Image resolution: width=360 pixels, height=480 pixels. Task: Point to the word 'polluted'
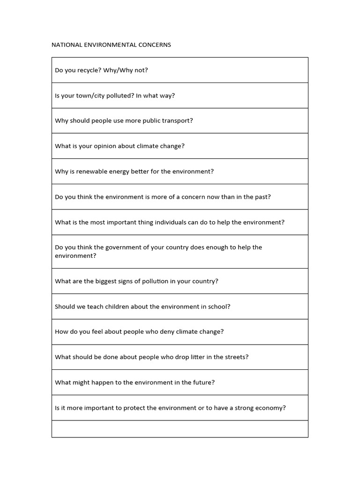tap(120, 96)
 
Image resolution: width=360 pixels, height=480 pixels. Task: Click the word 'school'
tap(218, 307)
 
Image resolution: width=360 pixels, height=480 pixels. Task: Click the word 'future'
tap(202, 382)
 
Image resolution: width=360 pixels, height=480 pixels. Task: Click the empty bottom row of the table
tap(180, 429)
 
